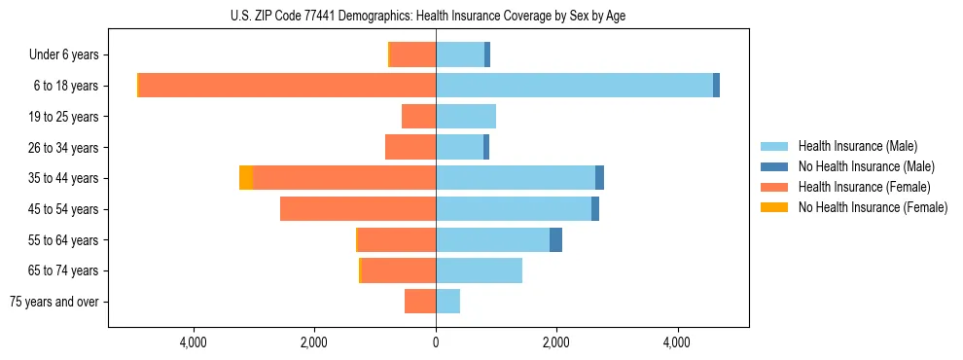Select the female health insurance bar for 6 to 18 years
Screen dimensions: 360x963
click(287, 86)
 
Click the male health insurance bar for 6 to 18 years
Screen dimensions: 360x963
click(574, 86)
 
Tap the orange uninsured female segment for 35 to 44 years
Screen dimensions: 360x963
click(246, 178)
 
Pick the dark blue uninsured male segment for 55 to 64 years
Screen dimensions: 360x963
click(555, 240)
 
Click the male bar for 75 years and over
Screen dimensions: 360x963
click(447, 302)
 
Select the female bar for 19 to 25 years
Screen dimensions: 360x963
click(418, 117)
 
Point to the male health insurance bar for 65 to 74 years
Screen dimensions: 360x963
click(479, 270)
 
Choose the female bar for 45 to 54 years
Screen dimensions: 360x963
click(357, 209)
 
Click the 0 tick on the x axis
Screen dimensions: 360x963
click(436, 342)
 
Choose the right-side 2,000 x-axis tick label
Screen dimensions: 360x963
click(556, 342)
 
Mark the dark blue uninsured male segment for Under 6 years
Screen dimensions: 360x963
click(486, 55)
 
